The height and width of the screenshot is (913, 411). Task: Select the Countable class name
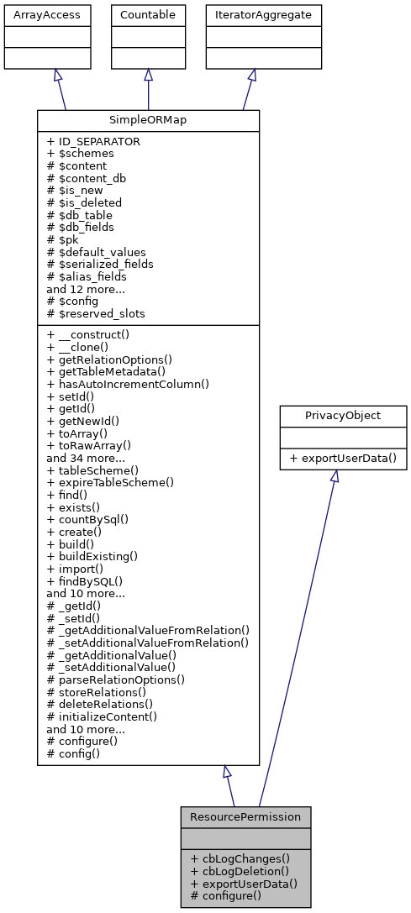point(148,15)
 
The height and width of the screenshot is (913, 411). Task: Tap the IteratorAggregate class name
point(251,15)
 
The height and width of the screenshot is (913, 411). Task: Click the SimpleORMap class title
point(148,120)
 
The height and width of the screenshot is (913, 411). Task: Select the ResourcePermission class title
point(245,816)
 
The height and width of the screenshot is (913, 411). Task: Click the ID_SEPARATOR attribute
point(93,142)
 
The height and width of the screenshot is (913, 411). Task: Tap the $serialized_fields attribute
point(100,264)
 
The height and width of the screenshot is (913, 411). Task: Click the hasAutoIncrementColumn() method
point(128,383)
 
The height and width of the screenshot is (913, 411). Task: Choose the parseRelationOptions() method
point(116,679)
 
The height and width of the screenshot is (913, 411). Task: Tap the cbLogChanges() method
point(240,858)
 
